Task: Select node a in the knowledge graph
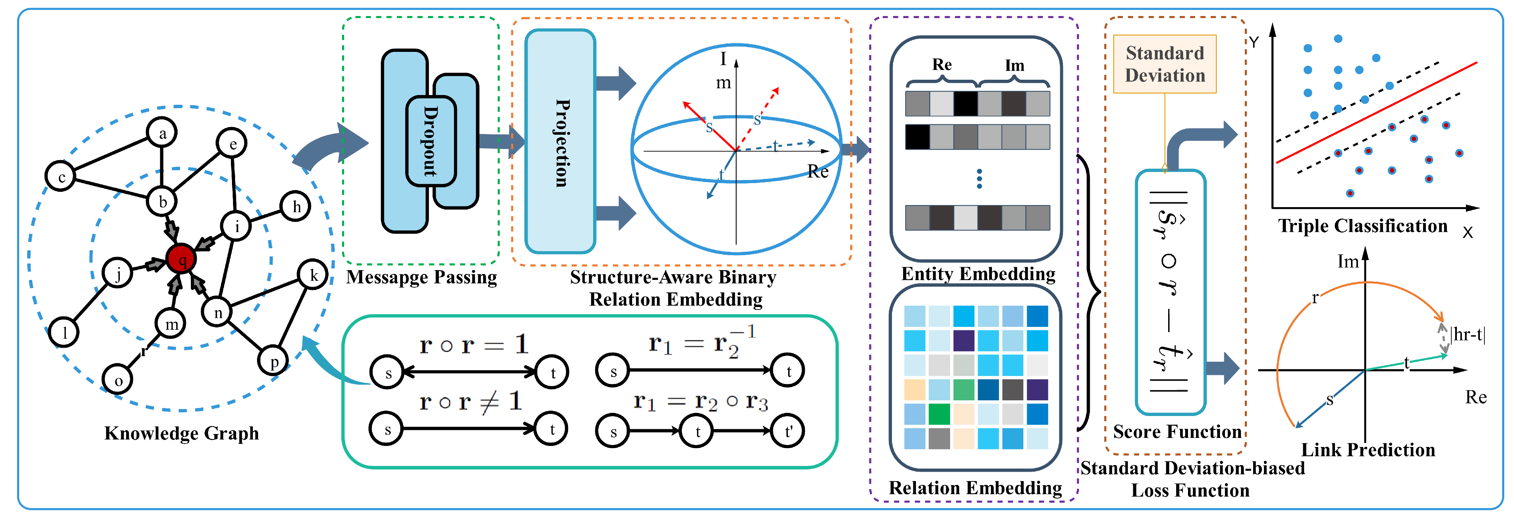pos(162,133)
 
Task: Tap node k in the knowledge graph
pos(313,275)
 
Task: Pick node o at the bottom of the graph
pos(118,380)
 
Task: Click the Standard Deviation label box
pos(1164,64)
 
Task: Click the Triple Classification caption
pos(1362,226)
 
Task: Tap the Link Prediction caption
pos(1368,450)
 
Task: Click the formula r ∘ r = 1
pos(474,345)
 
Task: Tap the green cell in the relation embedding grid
pos(939,414)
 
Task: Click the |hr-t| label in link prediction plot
pos(1468,335)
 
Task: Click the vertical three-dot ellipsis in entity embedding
pos(979,179)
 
